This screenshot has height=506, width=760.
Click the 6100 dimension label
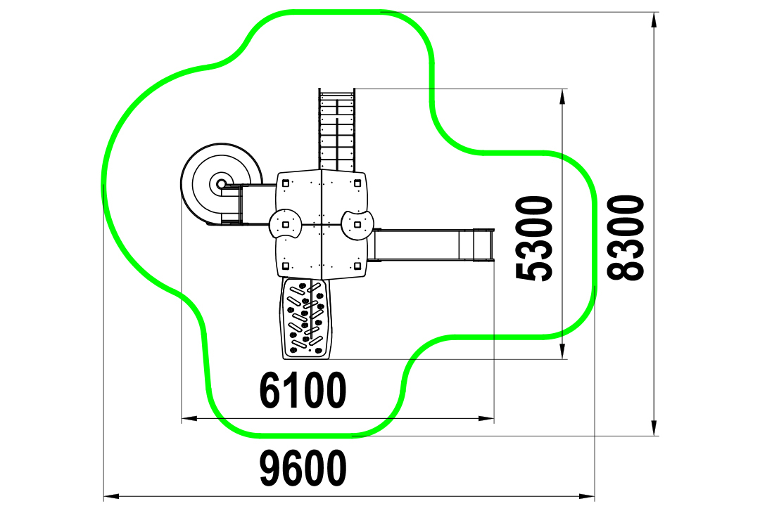pyautogui.click(x=303, y=390)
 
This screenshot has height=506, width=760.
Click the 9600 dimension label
pyautogui.click(x=303, y=467)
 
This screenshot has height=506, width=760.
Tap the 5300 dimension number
pyautogui.click(x=534, y=238)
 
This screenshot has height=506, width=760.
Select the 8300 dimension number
pyautogui.click(x=626, y=238)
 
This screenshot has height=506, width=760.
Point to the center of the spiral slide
pyautogui.click(x=221, y=184)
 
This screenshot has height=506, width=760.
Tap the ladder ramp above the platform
pyautogui.click(x=337, y=129)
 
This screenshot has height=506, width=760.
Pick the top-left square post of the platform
pyautogui.click(x=286, y=183)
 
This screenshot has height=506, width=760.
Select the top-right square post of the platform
pyautogui.click(x=357, y=183)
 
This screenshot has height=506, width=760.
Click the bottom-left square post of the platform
pyautogui.click(x=286, y=266)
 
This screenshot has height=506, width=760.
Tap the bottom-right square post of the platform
pyautogui.click(x=357, y=266)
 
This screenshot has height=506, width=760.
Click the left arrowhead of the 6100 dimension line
pyautogui.click(x=189, y=418)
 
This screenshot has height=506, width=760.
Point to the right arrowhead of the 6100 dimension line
pyautogui.click(x=486, y=418)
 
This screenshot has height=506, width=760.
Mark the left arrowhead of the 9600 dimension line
pyautogui.click(x=111, y=496)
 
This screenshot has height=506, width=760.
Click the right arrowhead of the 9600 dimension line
pyautogui.click(x=586, y=496)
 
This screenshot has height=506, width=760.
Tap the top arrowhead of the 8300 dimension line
pyautogui.click(x=654, y=20)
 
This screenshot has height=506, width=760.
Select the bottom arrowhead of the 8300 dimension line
pyautogui.click(x=654, y=428)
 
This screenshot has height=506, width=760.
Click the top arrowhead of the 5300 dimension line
pyautogui.click(x=562, y=97)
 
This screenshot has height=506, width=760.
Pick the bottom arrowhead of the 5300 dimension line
pyautogui.click(x=562, y=351)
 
